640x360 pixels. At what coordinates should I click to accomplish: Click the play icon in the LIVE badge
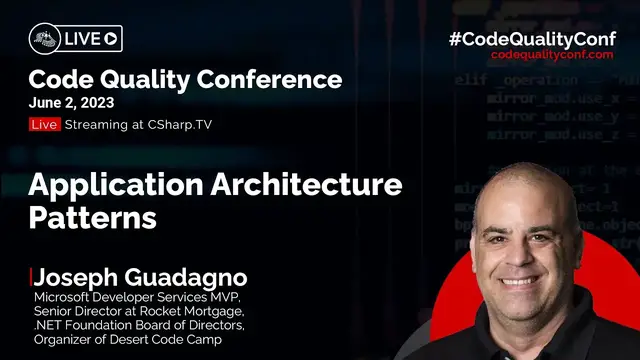pos(110,39)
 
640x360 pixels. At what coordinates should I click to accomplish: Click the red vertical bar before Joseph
pos(31,276)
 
